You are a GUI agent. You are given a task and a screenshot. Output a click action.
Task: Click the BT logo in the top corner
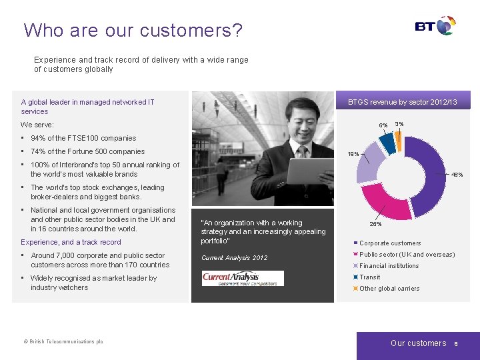435,26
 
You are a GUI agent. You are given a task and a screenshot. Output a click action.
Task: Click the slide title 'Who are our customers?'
133,30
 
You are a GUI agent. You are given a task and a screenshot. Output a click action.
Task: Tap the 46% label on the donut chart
457,175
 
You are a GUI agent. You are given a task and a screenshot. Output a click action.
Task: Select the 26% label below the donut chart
376,224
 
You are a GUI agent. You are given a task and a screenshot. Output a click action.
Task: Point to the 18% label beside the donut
353,153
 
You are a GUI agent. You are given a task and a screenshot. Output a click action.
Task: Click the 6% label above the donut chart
383,125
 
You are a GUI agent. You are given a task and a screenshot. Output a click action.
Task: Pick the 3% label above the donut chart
399,123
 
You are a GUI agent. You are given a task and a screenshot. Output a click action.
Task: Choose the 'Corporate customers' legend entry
390,243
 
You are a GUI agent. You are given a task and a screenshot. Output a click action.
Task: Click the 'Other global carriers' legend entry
389,289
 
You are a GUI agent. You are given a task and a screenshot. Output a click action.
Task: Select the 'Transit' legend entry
369,277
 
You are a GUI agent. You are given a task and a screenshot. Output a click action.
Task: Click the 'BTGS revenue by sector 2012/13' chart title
403,102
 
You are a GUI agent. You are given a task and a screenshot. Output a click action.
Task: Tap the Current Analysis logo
243,278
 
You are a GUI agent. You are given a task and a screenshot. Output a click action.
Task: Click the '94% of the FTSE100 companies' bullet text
83,138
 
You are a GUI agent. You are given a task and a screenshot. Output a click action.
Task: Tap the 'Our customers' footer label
418,343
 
